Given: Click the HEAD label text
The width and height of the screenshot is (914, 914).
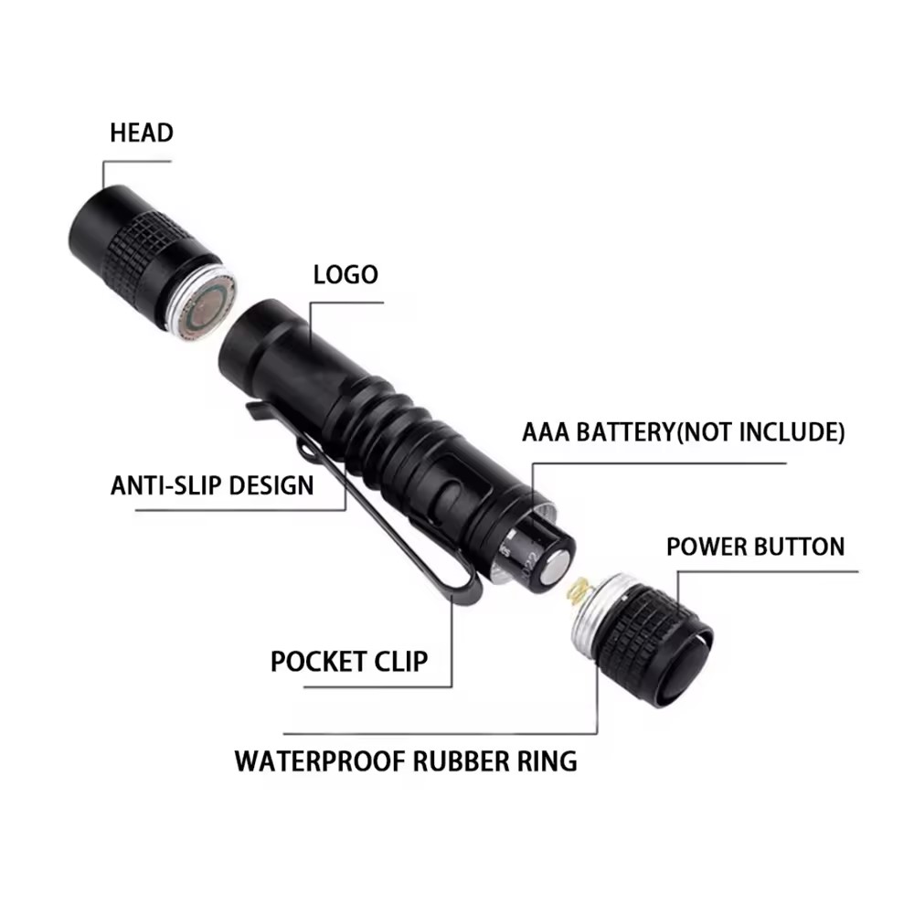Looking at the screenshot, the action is [142, 133].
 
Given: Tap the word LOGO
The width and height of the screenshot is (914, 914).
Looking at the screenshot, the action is [345, 274].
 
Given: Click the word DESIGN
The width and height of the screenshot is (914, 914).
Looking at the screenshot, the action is [271, 485].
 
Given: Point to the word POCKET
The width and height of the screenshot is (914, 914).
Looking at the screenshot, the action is [318, 662].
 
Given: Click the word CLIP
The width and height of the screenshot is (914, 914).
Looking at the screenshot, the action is [401, 662].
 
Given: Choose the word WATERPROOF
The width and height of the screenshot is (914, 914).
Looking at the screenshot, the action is [320, 761].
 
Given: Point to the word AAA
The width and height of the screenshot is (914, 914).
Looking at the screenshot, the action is [546, 432].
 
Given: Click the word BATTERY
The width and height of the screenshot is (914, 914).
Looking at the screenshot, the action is [625, 432].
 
